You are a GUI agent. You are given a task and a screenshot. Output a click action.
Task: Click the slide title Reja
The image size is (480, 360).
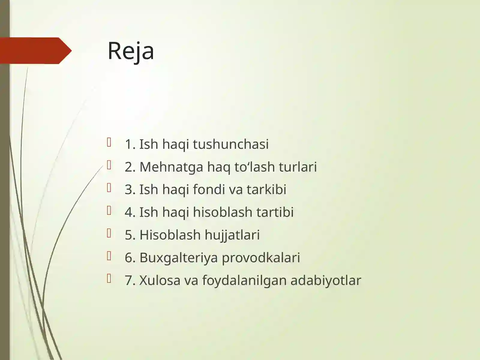[131, 51]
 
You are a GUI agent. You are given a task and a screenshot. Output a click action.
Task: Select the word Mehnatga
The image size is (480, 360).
[171, 167]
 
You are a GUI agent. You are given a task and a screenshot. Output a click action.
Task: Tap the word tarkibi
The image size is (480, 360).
[266, 190]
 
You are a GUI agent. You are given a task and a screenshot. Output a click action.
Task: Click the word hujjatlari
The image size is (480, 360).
[232, 235]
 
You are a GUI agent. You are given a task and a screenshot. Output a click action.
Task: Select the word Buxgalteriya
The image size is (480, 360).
[178, 258]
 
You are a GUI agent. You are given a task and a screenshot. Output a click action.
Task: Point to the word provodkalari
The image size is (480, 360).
[261, 258]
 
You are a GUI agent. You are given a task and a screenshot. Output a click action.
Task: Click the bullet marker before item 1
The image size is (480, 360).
[109, 142]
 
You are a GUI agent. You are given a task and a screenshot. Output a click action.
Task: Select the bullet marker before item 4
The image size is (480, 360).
[109, 211]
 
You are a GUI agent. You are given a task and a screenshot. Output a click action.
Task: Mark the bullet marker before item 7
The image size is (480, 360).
[109, 279]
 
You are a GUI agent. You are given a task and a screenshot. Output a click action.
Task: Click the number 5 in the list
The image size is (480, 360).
[129, 235]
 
